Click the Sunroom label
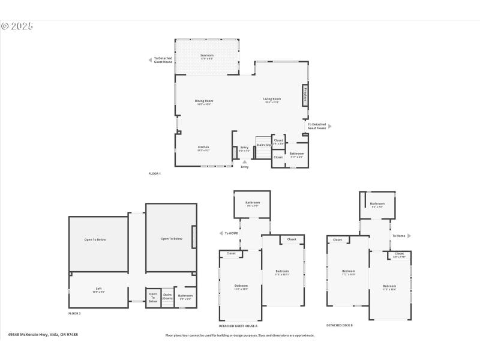[206, 56]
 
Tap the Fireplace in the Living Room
[305, 95]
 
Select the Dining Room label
[204, 101]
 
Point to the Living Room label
[272, 99]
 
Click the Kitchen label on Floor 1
[204, 147]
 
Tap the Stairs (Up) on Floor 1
[263, 145]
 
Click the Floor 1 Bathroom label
[296, 154]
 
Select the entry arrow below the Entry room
[244, 161]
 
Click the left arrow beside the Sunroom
[150, 60]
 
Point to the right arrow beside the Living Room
[329, 126]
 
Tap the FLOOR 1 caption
[155, 173]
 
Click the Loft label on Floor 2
[98, 289]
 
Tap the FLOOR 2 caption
[74, 313]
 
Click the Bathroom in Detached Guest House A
[252, 203]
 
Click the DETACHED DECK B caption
[339, 325]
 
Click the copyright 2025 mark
[17, 26]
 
